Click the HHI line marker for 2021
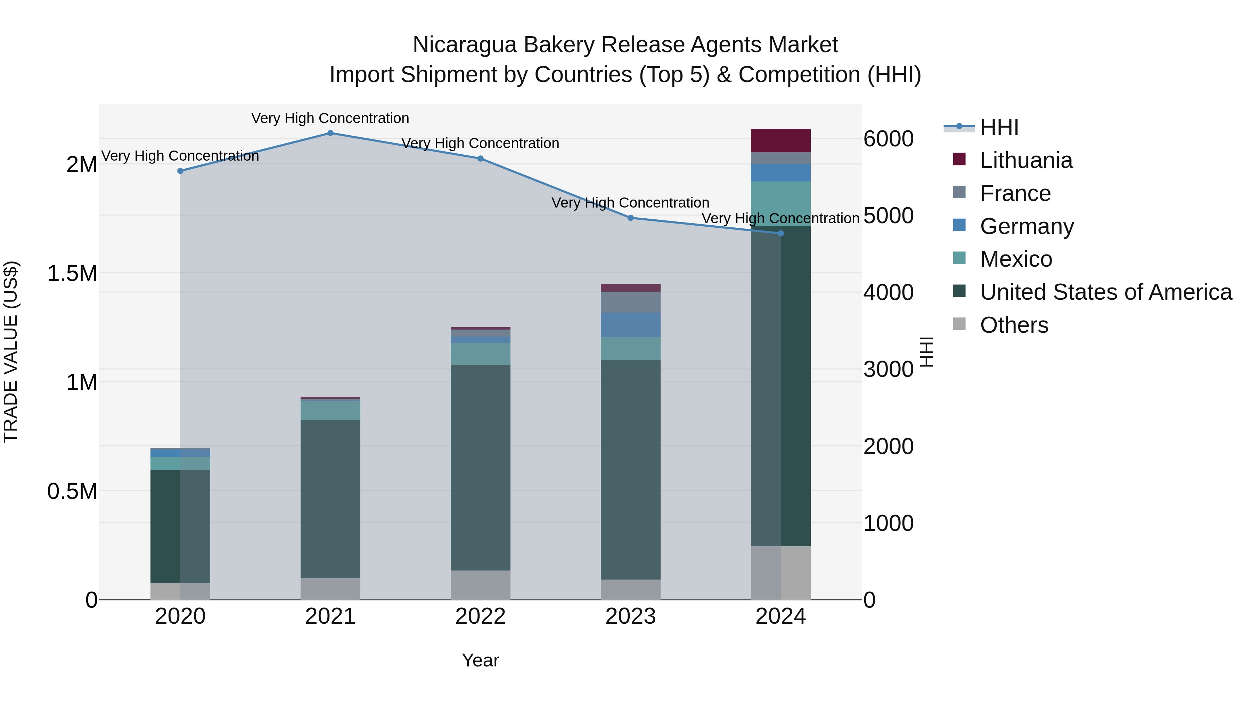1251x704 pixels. click(330, 133)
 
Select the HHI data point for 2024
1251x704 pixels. click(781, 234)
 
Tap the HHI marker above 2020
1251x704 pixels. click(180, 171)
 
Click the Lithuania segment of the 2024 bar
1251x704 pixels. click(780, 141)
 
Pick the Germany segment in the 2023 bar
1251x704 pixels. click(630, 325)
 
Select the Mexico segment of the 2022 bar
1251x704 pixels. click(480, 354)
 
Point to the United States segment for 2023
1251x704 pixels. click(630, 469)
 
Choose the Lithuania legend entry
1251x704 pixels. click(1026, 160)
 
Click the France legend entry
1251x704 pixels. click(1015, 193)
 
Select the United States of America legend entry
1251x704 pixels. click(1105, 292)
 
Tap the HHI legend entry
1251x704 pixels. click(999, 127)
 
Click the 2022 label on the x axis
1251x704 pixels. click(480, 616)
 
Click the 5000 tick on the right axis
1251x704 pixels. click(888, 215)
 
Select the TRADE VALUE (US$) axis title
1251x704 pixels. click(11, 352)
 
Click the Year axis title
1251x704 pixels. click(480, 660)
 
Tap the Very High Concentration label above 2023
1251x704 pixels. click(630, 203)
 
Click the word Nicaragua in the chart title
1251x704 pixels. click(464, 45)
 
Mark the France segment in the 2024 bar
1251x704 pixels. click(780, 159)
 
